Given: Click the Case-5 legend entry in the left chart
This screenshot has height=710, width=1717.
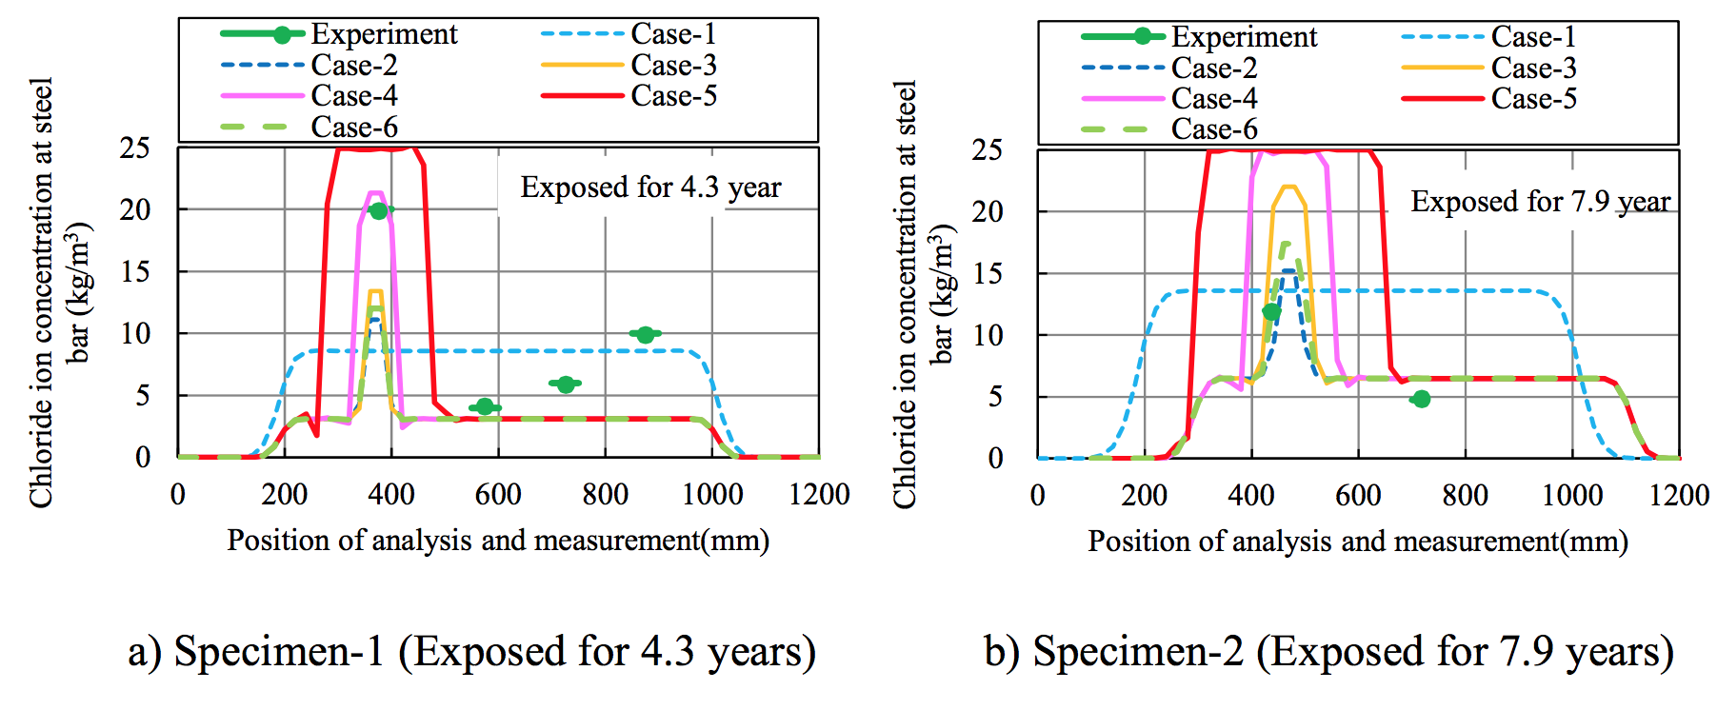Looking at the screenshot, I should [672, 96].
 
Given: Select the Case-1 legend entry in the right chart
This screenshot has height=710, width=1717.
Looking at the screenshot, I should [1532, 37].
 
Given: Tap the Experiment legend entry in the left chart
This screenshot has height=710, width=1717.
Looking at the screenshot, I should [384, 34].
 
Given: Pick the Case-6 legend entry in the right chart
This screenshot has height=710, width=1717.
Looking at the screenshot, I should [1213, 129].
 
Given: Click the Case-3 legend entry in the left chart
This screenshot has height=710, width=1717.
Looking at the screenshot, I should [672, 66].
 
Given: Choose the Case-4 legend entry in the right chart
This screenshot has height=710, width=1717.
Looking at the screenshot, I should [1213, 99].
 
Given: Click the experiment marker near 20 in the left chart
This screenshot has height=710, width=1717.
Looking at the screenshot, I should [379, 210].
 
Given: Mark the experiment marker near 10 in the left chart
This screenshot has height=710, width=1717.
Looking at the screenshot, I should [646, 334].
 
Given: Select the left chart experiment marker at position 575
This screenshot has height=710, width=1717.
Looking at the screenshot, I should [485, 407].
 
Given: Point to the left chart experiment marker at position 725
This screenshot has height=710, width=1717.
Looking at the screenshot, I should [566, 385].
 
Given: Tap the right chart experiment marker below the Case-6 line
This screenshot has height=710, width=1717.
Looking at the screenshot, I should [1421, 399].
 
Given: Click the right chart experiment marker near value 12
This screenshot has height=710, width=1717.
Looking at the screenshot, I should [1271, 312].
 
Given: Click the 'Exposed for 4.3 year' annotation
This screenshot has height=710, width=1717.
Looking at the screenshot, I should [650, 187].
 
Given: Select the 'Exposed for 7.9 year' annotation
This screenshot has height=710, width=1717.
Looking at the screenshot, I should [1540, 202].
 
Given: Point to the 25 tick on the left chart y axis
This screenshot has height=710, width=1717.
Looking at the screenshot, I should [135, 148].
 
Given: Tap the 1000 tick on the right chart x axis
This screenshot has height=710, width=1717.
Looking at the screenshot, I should [1572, 496].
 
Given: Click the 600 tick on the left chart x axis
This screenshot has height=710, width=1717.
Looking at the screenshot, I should [498, 495].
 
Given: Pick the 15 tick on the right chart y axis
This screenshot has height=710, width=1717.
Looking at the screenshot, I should [988, 273].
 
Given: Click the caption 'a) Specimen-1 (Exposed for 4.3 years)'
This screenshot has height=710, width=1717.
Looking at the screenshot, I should [471, 652].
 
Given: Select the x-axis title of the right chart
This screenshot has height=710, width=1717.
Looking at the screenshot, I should [1358, 542].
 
